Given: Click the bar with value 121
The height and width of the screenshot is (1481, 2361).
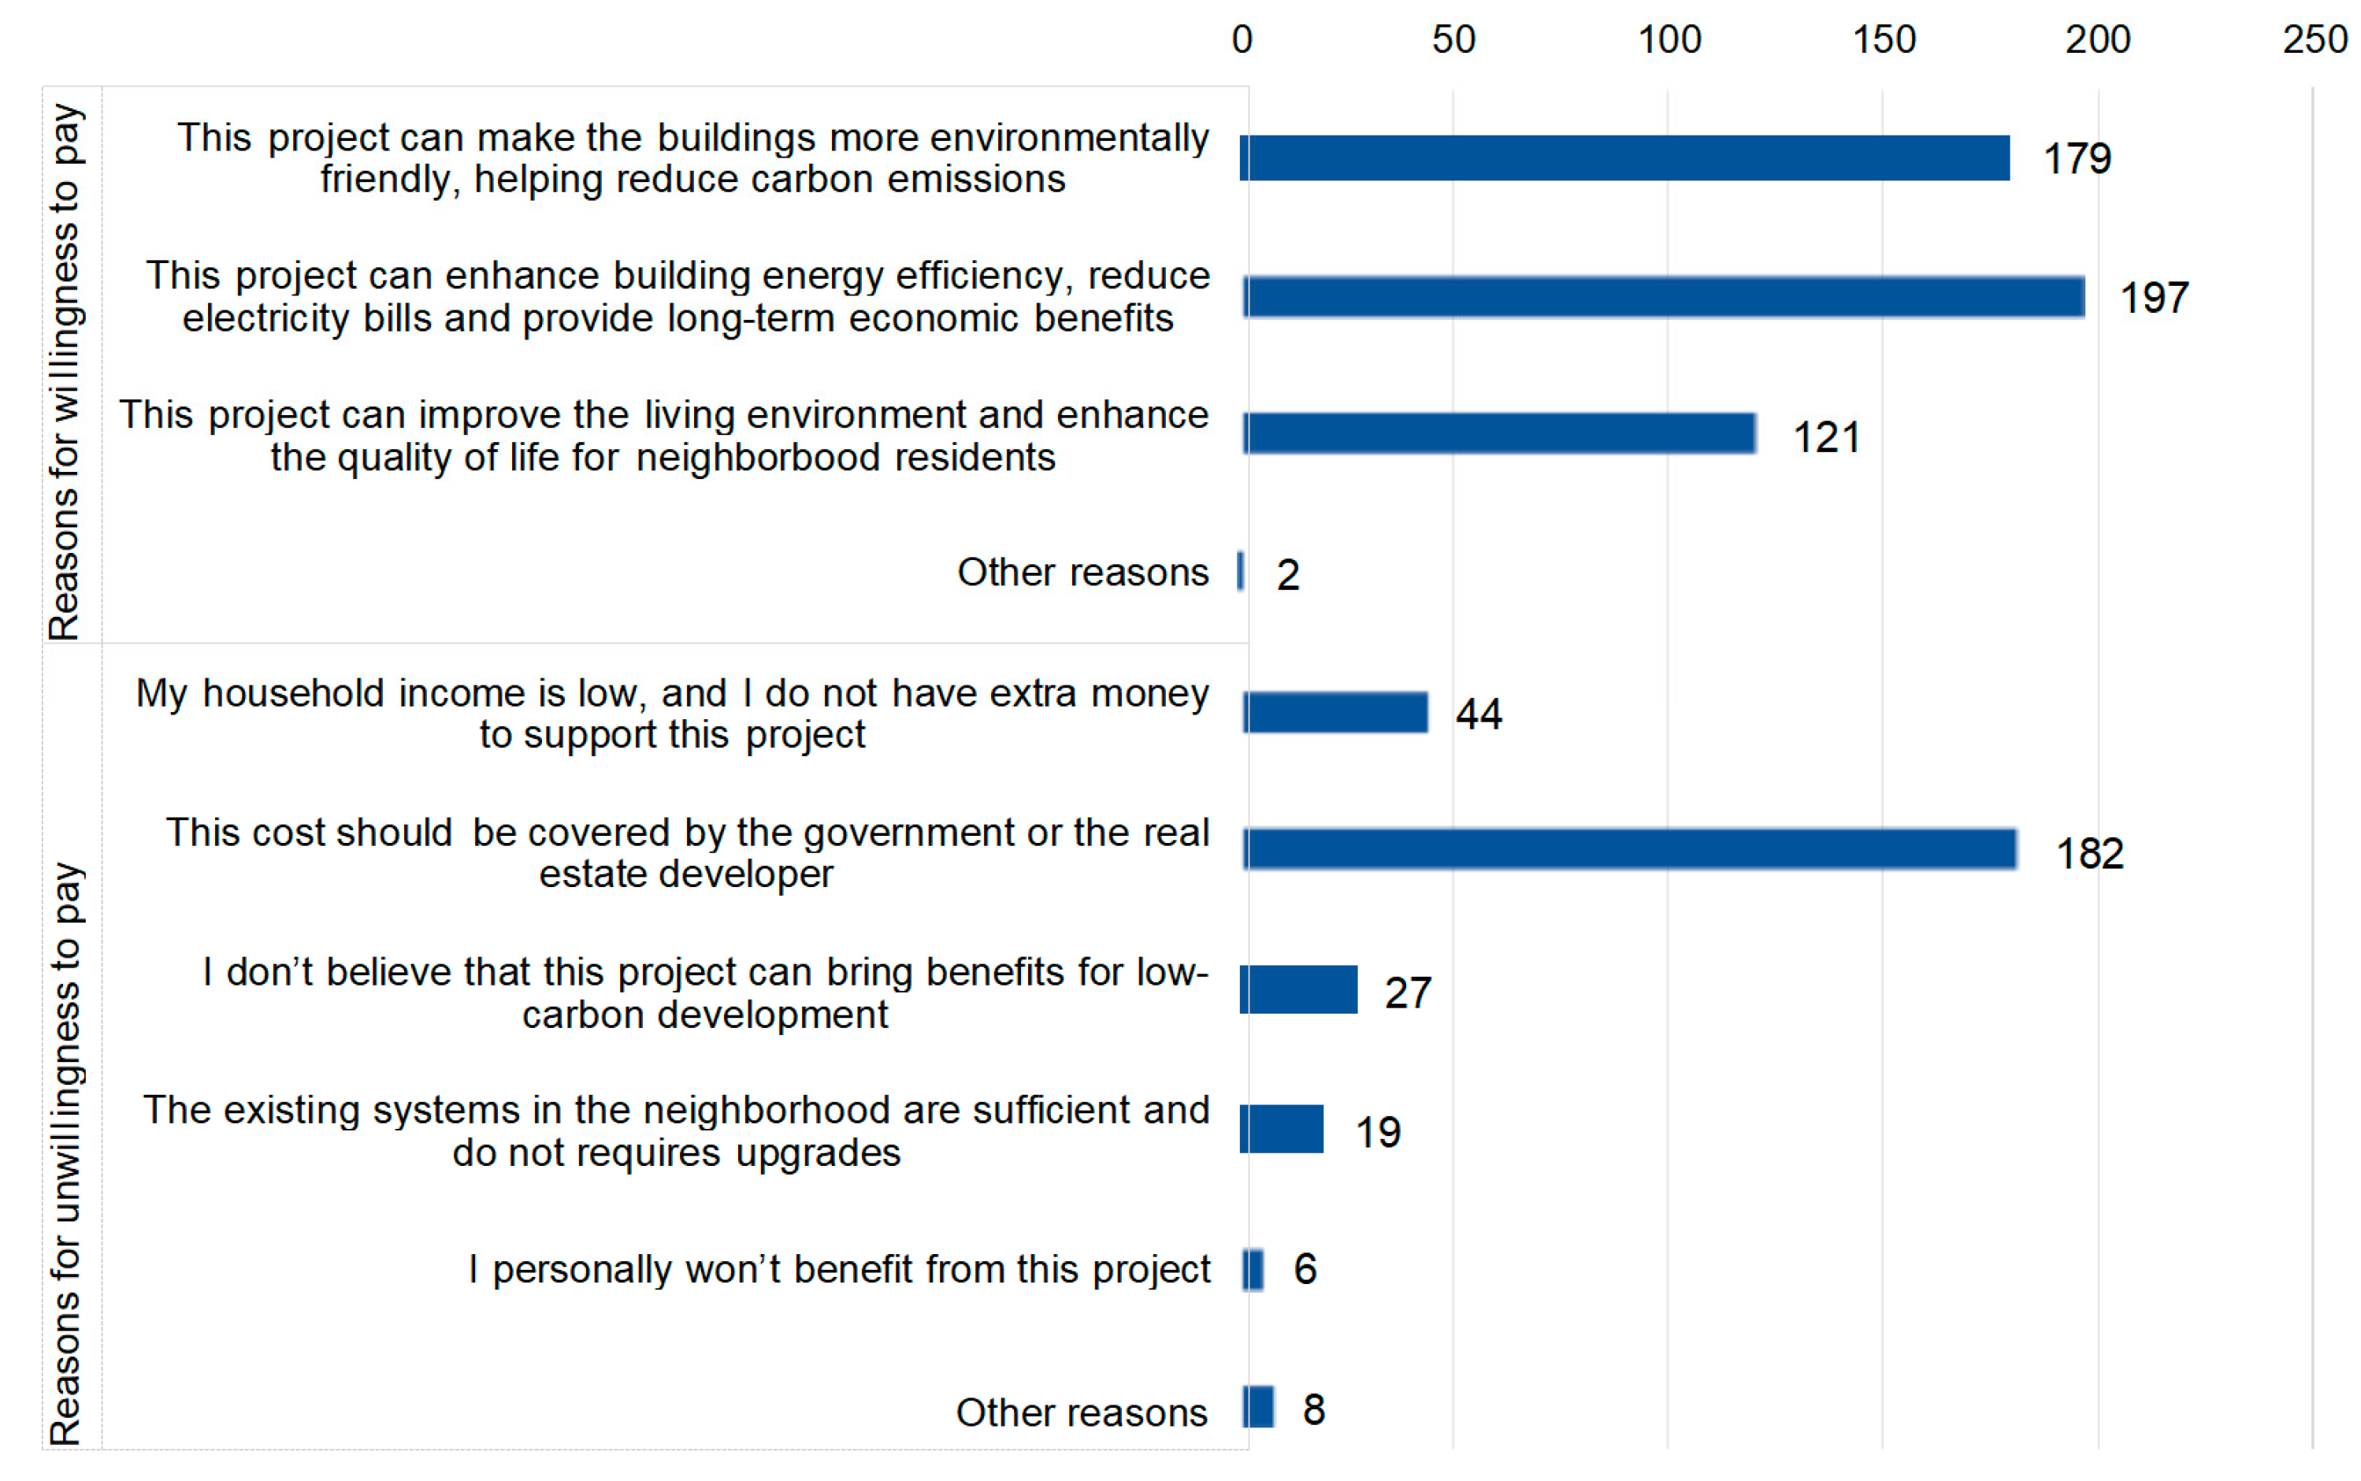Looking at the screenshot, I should tap(1498, 434).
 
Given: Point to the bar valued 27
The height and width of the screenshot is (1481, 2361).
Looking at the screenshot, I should tap(1297, 989).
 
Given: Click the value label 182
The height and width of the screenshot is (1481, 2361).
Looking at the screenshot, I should tap(2088, 853).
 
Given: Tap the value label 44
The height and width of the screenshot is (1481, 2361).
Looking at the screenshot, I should tap(1478, 714).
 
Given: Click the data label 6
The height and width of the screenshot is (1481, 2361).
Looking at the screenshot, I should tap(1305, 1269).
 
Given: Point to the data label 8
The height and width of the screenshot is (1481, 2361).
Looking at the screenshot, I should tap(1313, 1409).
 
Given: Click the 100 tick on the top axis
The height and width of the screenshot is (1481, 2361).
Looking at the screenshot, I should tap(1669, 39).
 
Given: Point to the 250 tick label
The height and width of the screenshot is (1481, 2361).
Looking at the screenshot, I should tap(2314, 39).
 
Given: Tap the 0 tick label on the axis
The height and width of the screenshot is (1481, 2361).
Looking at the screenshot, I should tap(1241, 39).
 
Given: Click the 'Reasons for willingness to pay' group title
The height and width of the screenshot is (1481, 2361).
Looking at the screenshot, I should tap(65, 372).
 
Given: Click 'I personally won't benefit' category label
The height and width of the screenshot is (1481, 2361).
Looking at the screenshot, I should tap(838, 1269).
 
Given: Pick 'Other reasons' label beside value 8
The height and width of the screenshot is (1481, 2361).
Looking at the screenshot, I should tap(1081, 1412).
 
